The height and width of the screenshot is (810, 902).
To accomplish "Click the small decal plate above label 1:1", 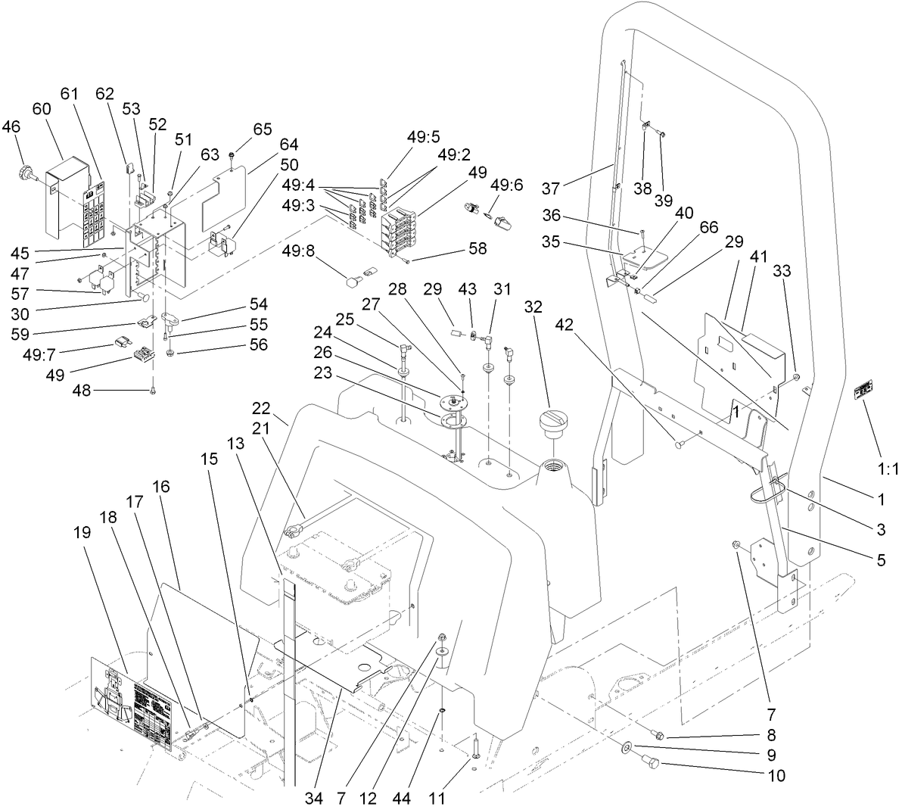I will pos(863,391).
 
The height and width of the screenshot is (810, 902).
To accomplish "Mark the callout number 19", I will pos(83,532).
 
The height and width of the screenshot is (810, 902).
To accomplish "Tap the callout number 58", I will pos(477,248).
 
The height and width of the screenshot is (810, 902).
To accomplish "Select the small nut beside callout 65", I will pos(229,157).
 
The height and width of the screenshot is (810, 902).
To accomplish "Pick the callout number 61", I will pos(70,93).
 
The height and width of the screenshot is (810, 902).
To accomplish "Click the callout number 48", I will pos(82,390).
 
